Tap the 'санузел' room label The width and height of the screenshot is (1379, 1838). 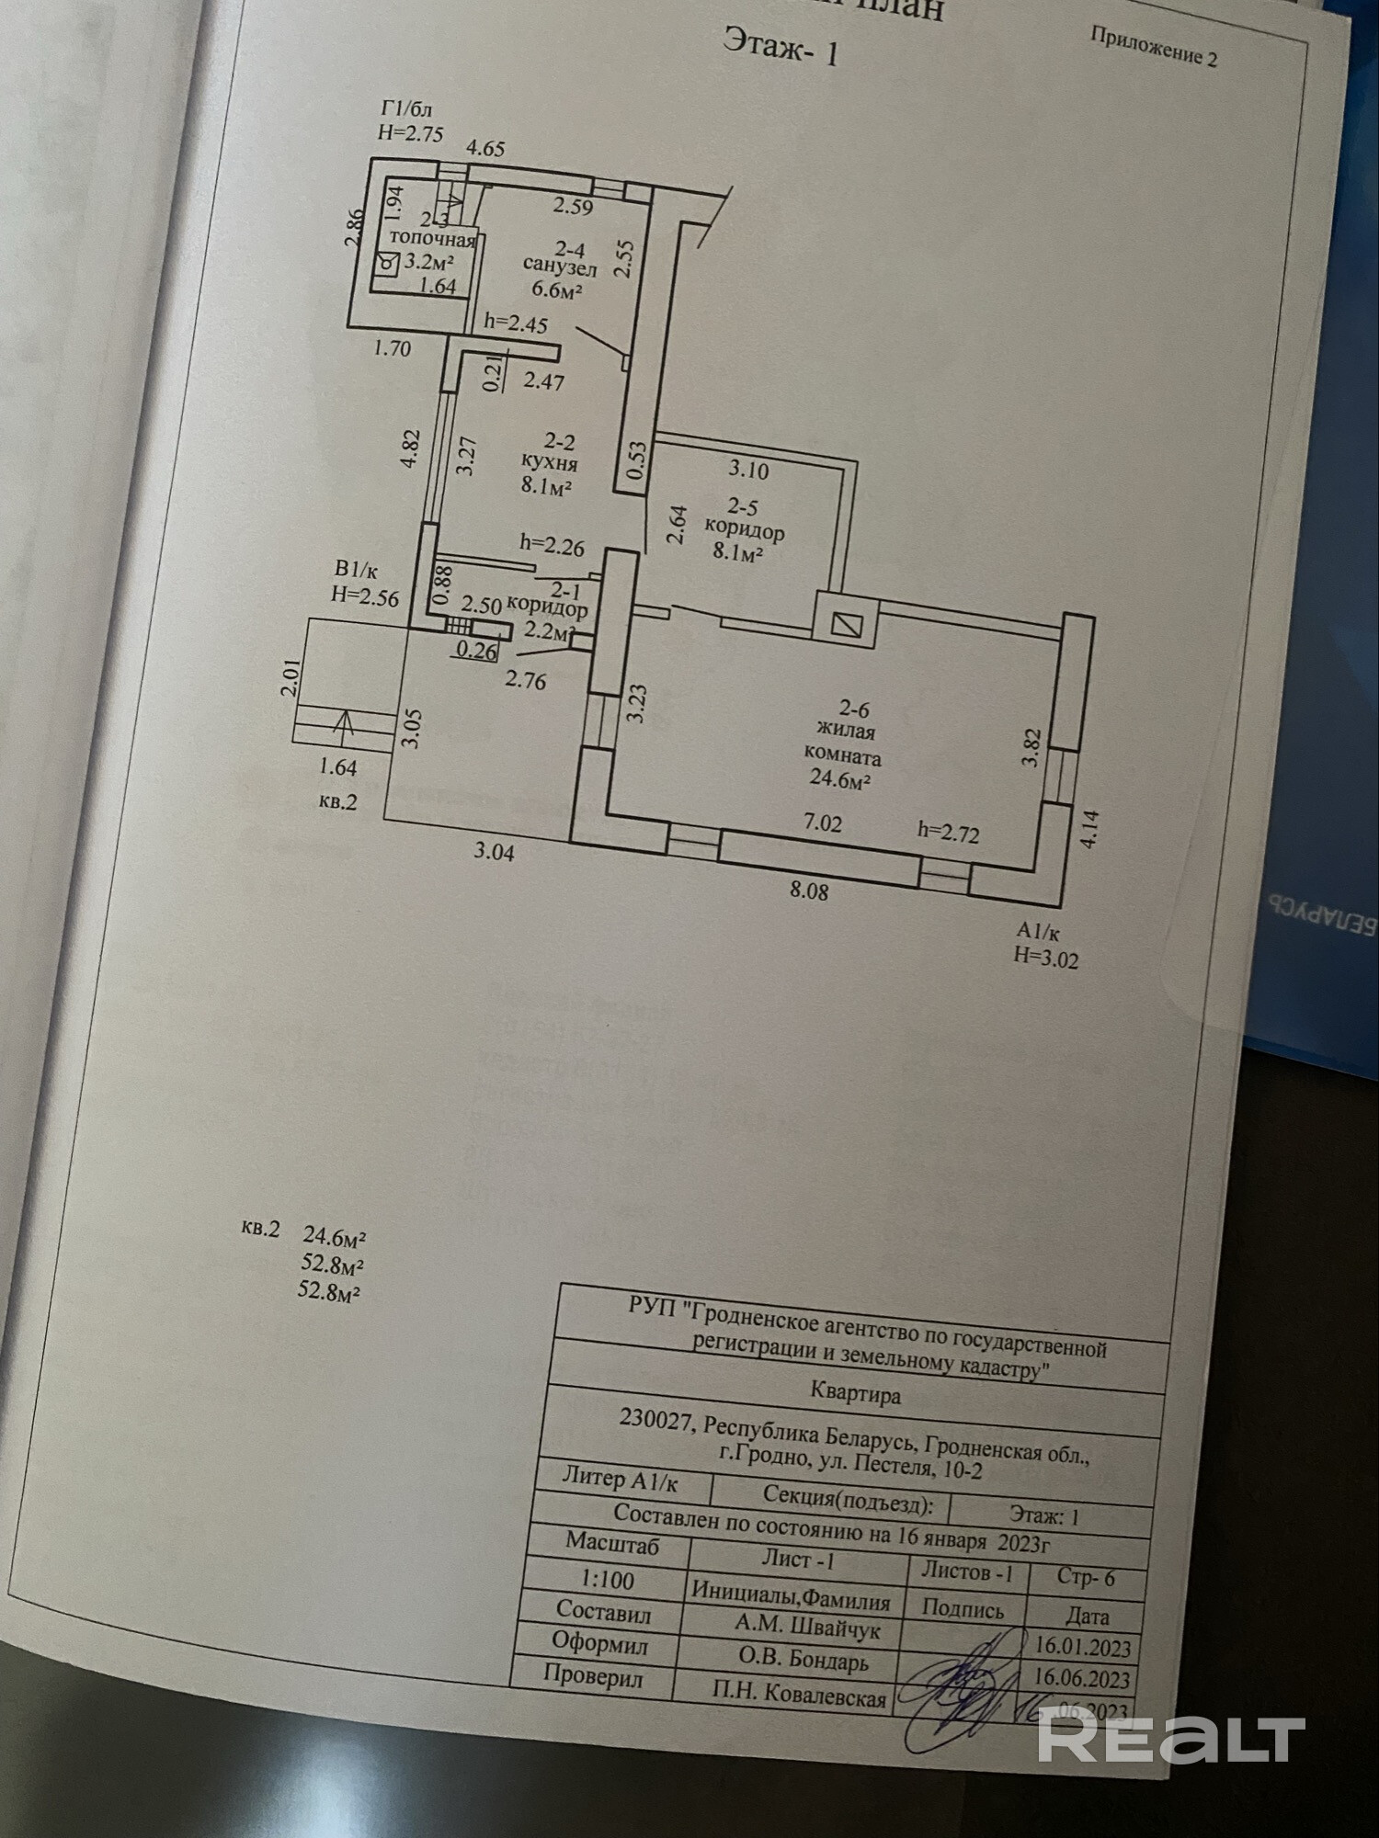560,268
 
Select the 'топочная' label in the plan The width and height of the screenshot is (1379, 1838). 432,240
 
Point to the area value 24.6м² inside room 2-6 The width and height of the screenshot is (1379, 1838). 840,780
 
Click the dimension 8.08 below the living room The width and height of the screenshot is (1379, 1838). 808,890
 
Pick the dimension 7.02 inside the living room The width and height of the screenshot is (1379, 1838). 822,823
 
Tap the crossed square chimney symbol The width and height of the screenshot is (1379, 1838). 845,625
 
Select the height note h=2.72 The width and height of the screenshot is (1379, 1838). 948,833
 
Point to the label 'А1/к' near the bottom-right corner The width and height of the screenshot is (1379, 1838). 1037,932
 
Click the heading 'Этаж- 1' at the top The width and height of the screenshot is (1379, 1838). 781,46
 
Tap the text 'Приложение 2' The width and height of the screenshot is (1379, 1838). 1153,46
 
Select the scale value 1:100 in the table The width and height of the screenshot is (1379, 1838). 608,1579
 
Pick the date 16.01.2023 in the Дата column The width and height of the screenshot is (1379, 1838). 1082,1646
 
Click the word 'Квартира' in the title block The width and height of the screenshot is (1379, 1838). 855,1394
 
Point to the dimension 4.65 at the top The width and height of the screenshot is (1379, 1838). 485,148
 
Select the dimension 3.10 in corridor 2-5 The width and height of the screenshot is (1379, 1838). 748,470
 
